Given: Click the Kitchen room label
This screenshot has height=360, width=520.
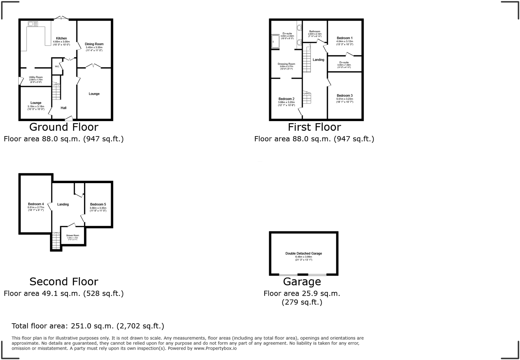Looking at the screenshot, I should [61, 38].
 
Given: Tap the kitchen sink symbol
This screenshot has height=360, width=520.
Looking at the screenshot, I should [33, 24].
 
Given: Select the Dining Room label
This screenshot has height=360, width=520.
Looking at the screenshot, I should [94, 44].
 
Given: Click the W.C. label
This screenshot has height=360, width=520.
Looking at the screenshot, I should [57, 67].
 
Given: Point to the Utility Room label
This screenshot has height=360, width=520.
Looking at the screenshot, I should [36, 77].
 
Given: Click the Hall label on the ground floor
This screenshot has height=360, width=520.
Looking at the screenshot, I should [63, 108].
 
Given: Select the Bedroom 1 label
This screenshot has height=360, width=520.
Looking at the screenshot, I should [345, 38].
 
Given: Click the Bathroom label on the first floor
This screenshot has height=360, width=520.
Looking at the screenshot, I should [315, 31].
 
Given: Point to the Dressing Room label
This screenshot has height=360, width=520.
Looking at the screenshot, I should [286, 64].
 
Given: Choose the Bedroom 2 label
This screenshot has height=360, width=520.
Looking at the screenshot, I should [286, 99].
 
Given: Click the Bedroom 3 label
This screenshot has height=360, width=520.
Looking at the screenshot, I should [345, 95].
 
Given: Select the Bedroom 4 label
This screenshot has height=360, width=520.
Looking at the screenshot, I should [36, 204].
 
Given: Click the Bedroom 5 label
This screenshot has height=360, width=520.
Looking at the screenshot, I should [98, 205].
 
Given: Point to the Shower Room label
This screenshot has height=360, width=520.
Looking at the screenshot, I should [73, 236].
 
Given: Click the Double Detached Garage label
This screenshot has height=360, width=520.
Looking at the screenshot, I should [304, 254].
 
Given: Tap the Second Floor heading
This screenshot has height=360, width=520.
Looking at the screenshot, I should [64, 282].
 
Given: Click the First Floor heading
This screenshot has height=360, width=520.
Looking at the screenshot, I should [314, 127].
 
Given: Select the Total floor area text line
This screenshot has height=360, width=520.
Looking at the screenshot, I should [88, 326].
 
